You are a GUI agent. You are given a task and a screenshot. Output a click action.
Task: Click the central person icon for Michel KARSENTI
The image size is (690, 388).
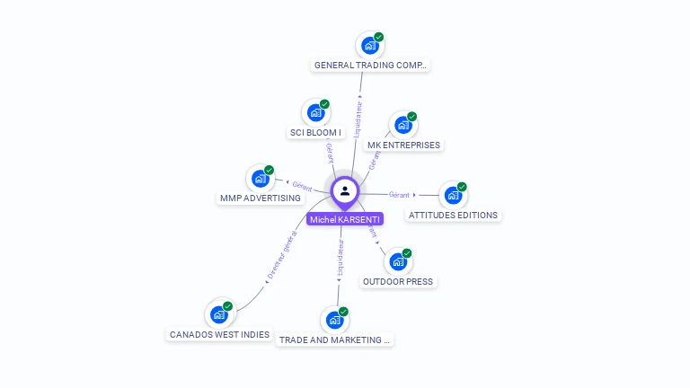[345, 190]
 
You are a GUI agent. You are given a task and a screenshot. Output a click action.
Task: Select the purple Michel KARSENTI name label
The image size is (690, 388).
[345, 219]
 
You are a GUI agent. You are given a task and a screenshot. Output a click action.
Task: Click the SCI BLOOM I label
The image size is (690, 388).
[315, 133]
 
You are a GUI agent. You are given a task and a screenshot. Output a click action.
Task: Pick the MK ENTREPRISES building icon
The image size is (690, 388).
[402, 125]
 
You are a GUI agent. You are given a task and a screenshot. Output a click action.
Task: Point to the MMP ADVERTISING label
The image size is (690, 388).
[261, 198]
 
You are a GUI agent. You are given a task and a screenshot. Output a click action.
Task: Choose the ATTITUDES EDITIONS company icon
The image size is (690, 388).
[453, 195]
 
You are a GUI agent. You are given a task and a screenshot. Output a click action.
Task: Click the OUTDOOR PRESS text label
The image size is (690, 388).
[398, 281]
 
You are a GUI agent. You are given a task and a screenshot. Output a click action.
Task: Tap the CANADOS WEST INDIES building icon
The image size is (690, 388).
[218, 314]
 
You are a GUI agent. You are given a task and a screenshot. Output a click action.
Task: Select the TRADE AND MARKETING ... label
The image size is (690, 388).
[335, 340]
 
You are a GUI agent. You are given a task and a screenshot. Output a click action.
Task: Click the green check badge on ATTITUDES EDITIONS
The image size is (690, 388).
[462, 187]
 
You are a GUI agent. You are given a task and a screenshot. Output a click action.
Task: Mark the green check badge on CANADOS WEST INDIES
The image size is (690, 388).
[228, 306]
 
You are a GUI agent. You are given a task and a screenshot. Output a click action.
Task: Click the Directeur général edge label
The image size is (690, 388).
[282, 257]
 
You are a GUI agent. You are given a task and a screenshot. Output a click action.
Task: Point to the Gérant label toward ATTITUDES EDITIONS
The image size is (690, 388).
[399, 194]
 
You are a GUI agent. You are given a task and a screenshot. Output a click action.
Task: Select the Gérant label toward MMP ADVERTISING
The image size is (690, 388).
[302, 187]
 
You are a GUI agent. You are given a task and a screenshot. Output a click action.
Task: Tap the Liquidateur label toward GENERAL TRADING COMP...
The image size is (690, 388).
[358, 119]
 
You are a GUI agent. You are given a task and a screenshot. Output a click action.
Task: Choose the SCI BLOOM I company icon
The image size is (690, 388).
[315, 112]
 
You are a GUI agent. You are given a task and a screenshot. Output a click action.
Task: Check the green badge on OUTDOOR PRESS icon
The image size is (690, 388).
[407, 253]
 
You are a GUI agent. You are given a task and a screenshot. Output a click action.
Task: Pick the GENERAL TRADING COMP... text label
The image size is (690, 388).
[371, 66]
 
